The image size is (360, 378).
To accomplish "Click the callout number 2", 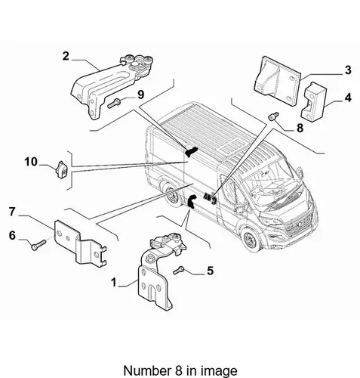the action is pos(66,56).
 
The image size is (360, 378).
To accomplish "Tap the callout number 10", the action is pos(31,162).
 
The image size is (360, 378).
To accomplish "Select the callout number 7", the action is pos(12,212).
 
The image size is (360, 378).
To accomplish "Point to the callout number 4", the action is pos(348,98).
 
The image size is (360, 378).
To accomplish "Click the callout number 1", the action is pos(114,282).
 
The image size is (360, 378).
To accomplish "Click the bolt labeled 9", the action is pos(114,104).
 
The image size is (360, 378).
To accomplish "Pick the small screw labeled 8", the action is pos(273,116).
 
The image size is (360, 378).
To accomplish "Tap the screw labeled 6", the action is pos(38,245).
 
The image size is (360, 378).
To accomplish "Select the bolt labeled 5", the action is pos(179,271).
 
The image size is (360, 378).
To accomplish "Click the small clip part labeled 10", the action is pos(61,169).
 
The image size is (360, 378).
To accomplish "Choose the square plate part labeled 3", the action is pos(277,81).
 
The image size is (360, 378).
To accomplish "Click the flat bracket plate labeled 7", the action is pos(80,243).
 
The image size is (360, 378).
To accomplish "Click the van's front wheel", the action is pos(251,240).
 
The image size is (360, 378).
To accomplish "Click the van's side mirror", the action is pos(300,172).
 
